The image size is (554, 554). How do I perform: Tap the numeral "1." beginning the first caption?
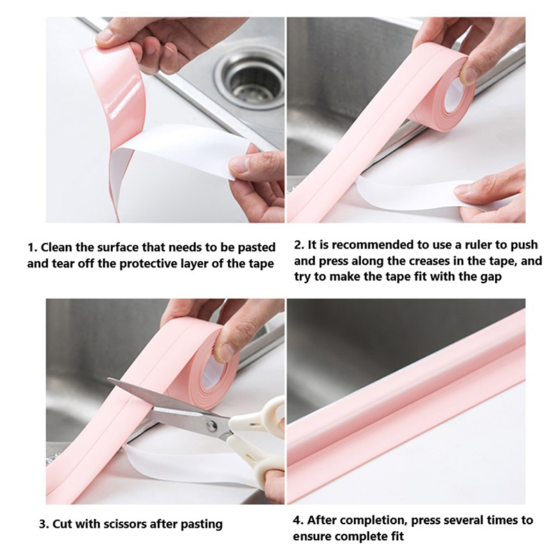pyautogui.click(x=33, y=247)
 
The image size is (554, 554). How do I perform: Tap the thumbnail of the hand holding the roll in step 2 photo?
pyautogui.click(x=470, y=75)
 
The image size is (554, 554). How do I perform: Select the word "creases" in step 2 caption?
pyautogui.click(x=431, y=261)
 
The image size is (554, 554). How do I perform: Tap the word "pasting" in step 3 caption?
pyautogui.click(x=202, y=525)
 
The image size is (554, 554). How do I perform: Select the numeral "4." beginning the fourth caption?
pyautogui.click(x=298, y=521)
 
